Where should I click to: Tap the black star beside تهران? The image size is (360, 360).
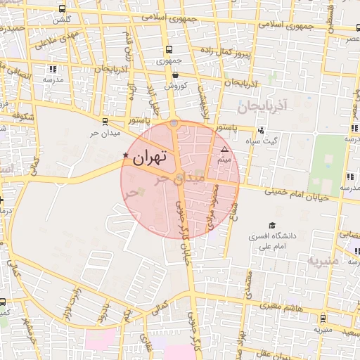tap(126, 155)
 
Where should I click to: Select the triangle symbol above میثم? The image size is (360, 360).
tap(224, 150)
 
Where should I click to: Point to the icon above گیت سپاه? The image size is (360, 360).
tap(261, 129)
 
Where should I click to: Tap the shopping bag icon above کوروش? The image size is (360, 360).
tap(174, 74)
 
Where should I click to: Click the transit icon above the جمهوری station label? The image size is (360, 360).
tap(169, 50)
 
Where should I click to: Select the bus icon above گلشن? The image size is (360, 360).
tap(63, 9)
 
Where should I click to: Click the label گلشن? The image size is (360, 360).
tap(63, 20)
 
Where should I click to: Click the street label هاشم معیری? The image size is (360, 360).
tap(282, 307)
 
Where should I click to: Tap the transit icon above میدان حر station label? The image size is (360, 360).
tap(105, 122)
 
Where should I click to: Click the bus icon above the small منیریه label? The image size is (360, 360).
tap(323, 318)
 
